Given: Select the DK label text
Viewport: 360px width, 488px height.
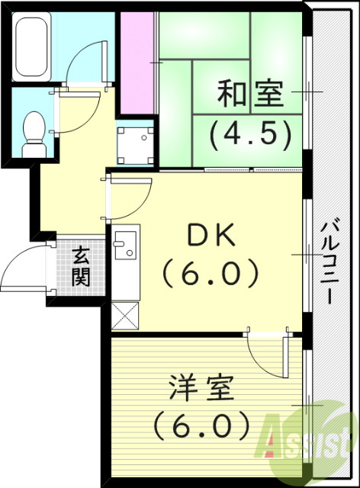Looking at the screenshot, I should pyautogui.click(x=210, y=237).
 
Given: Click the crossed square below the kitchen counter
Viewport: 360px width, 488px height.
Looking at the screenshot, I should pyautogui.click(x=124, y=313).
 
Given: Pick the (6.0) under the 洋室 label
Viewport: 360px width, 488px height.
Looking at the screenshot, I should pyautogui.click(x=200, y=423).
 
